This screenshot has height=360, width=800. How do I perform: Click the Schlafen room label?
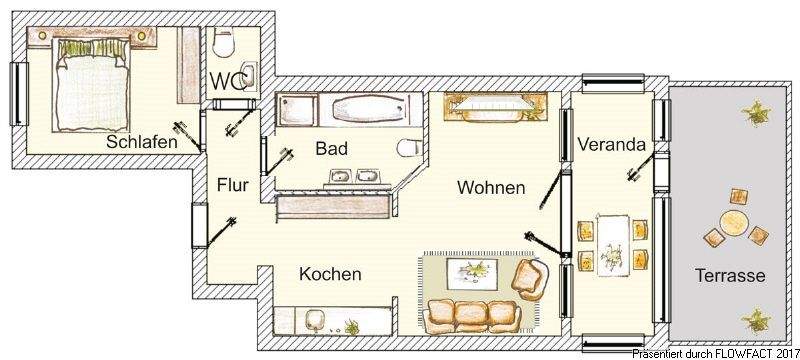point(142,142)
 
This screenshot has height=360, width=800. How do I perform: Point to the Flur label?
point(232,184)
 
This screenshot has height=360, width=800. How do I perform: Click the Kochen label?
point(330,274)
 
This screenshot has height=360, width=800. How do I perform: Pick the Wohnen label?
point(491,187)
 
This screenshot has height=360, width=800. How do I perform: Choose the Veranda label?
point(611,144)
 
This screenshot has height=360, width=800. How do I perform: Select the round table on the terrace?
point(735,221)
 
